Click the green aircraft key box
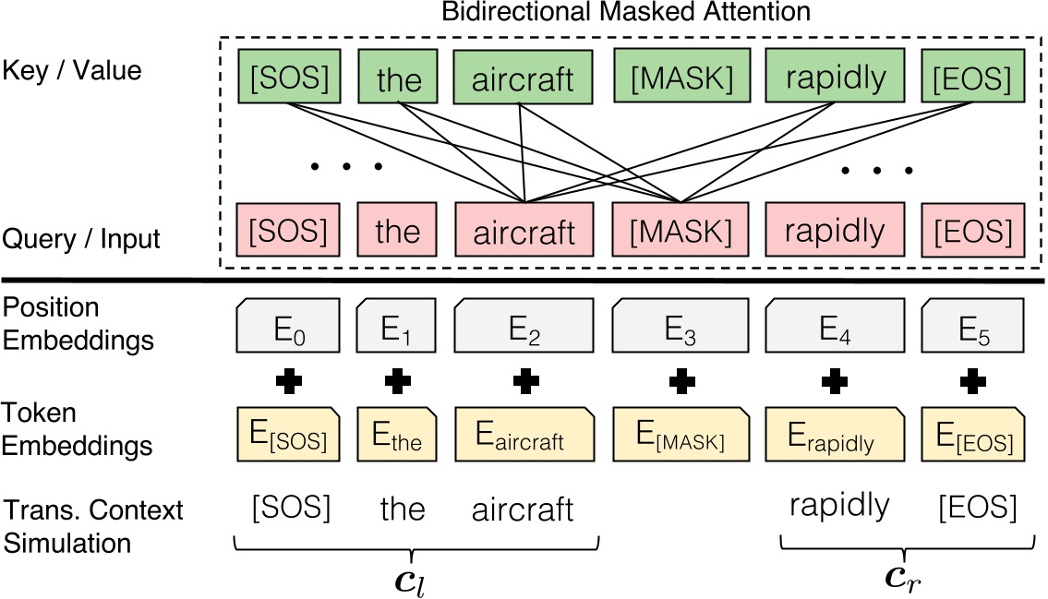click(524, 78)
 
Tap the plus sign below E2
click(524, 380)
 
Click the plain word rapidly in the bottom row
click(840, 506)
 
